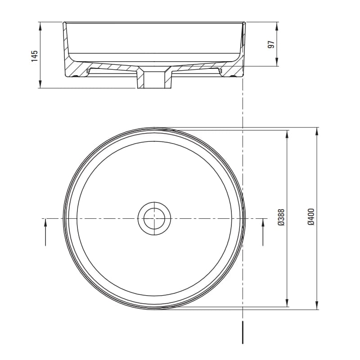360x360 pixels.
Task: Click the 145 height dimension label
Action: (35, 56)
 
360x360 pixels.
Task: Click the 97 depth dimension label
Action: (271, 44)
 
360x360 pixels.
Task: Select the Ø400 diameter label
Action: (311, 217)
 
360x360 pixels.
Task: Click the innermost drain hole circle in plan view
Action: (154, 218)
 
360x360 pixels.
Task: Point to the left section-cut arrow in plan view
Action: (45, 232)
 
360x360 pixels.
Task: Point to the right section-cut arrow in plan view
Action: (263, 232)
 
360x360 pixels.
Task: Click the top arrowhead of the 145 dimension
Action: (40, 26)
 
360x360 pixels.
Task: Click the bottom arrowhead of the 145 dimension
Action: (40, 84)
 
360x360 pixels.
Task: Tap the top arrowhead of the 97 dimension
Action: (276, 26)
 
